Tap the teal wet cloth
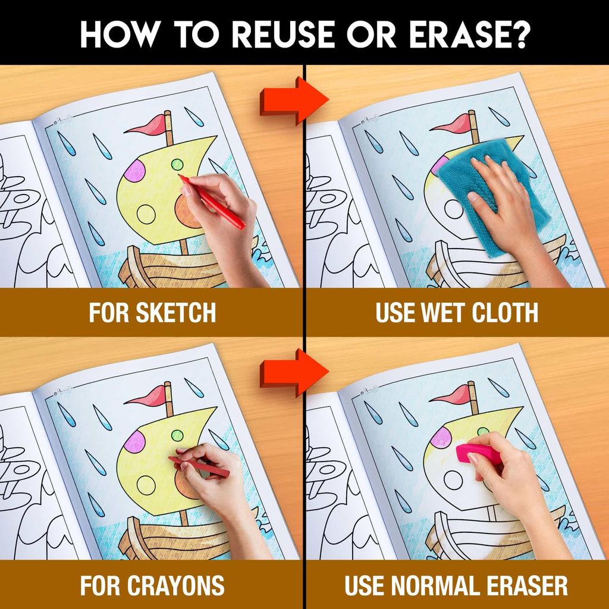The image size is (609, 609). (494, 190)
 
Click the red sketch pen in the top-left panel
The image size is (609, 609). (214, 203)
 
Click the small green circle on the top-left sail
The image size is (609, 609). (177, 164)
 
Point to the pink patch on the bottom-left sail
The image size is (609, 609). (134, 441)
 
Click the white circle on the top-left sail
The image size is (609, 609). (146, 214)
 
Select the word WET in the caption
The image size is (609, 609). (437, 313)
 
